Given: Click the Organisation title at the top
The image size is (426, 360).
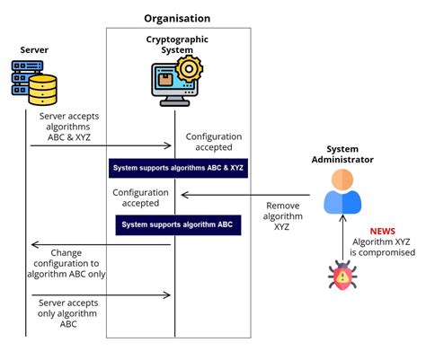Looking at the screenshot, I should [177, 18].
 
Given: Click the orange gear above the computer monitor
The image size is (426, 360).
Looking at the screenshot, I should [188, 70].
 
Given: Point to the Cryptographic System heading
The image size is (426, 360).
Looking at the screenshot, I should [176, 45].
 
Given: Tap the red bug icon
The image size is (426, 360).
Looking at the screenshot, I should [342, 277].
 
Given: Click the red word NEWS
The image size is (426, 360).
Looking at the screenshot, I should [382, 231].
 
